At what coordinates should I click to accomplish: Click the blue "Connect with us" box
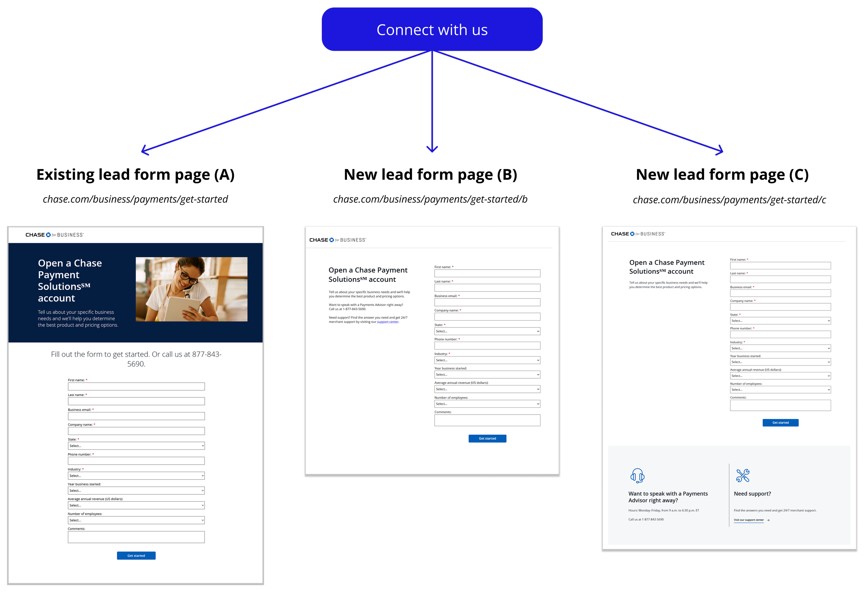pos(432,29)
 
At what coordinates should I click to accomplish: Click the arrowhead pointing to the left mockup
pos(143,151)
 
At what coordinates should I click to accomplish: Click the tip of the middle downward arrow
pos(432,151)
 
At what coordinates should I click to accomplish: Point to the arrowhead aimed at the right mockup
pos(721,151)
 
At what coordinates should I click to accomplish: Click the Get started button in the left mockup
pos(136,555)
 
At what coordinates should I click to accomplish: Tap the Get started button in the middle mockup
pos(487,438)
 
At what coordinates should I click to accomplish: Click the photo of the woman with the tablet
pos(191,289)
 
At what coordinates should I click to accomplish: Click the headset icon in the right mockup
pos(637,475)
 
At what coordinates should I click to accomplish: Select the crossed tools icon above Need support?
pos(743,475)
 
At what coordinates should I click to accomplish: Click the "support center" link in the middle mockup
pos(388,322)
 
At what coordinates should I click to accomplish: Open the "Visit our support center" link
pos(749,520)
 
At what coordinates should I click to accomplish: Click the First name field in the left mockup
pos(136,387)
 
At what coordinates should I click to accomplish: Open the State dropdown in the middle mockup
pos(487,331)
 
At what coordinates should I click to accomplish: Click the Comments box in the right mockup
pos(780,405)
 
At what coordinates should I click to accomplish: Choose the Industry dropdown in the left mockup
pos(136,476)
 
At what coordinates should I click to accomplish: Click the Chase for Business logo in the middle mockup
pos(338,240)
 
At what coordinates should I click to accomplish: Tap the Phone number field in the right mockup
pos(780,334)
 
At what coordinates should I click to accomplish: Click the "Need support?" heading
pos(752,494)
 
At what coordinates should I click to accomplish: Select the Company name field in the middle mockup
pos(487,317)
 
